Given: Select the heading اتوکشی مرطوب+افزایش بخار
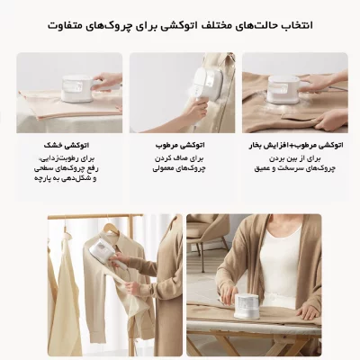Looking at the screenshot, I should tap(294, 143).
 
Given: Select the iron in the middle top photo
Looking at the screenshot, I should tap(193, 77).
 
